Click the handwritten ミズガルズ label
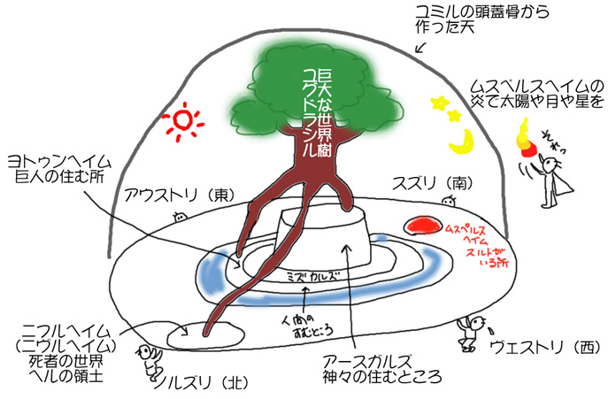[x=315, y=276]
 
